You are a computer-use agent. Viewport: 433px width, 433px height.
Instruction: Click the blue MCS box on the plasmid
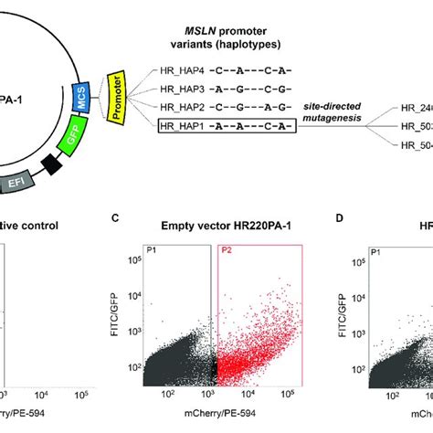click(x=82, y=98)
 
